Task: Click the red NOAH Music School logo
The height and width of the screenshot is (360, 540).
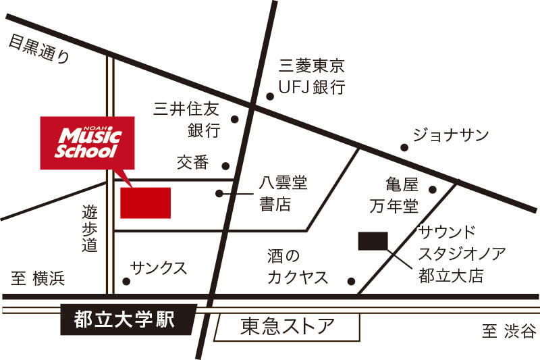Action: (87, 143)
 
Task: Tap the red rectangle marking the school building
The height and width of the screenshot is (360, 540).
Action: (145, 203)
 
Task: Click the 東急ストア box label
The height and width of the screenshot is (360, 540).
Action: (288, 328)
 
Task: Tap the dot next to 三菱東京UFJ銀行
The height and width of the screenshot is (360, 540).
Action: (270, 97)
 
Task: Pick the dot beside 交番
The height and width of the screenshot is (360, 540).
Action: (225, 165)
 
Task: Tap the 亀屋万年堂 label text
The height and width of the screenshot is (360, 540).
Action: (392, 194)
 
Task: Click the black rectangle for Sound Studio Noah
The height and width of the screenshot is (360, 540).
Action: (373, 241)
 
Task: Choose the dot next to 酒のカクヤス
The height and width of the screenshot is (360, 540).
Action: (351, 282)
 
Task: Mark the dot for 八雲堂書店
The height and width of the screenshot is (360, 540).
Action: (219, 194)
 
